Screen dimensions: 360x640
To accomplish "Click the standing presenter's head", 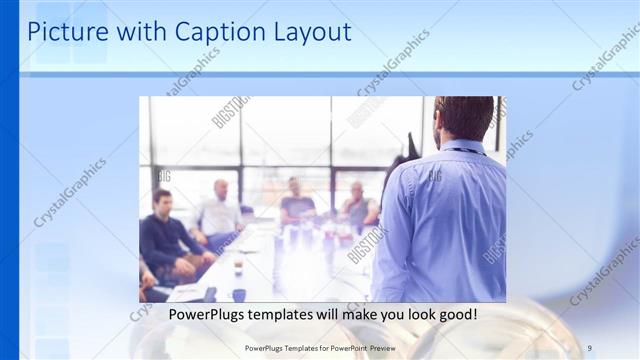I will click(x=464, y=119).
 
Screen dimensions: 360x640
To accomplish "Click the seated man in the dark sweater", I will click(x=162, y=237).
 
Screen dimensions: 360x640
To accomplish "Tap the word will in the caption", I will click(x=333, y=315).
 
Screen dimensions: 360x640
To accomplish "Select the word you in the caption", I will click(x=393, y=315).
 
